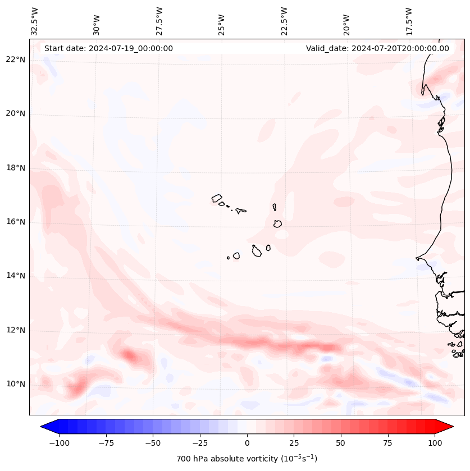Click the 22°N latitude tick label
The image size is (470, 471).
coord(15,60)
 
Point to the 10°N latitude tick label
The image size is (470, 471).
coord(15,385)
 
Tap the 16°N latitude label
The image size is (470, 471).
coord(15,222)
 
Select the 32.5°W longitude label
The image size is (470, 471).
coord(35,21)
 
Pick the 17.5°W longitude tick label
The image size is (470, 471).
coord(409,21)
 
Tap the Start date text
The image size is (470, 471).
coord(108,48)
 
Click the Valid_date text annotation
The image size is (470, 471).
coord(377,48)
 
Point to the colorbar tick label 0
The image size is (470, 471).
coord(247,443)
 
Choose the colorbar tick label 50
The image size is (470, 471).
coord(340,443)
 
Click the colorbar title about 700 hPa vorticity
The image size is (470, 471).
coord(247,459)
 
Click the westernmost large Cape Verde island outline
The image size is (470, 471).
coord(217,198)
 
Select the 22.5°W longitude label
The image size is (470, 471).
coord(284,21)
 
